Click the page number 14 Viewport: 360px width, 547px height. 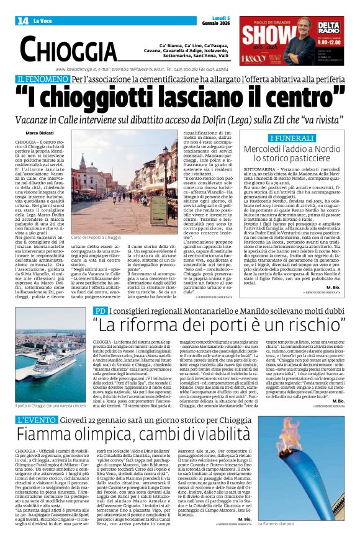coord(23,21)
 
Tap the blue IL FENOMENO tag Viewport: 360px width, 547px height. coord(43,79)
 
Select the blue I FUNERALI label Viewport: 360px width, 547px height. coord(292,138)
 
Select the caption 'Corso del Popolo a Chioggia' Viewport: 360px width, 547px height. coord(96,238)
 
